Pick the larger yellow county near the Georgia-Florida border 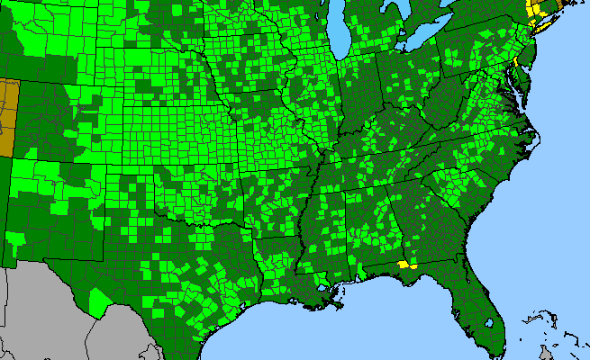[402, 265]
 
